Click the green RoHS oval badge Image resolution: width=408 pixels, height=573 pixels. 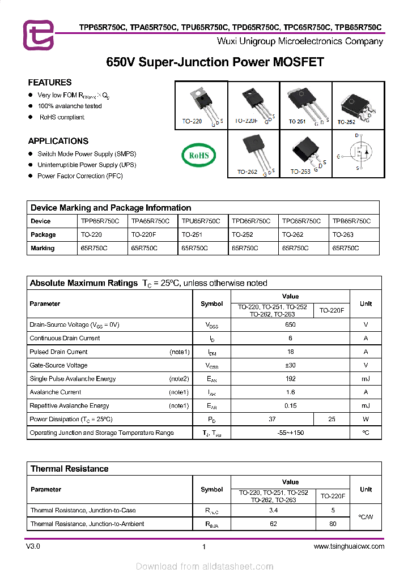point(198,155)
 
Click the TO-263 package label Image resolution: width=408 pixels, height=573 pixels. point(300,172)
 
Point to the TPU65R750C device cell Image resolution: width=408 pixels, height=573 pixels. point(201,221)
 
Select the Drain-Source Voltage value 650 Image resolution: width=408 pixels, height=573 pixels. point(290,325)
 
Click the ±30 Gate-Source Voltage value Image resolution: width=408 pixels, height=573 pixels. point(290,365)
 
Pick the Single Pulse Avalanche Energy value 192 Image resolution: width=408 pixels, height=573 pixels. point(290,379)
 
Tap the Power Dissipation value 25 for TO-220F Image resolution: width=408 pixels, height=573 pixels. point(331,419)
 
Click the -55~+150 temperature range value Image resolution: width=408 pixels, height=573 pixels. point(290,433)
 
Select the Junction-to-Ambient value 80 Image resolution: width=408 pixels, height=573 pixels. point(333,524)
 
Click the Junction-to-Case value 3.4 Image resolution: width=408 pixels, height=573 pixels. point(273,510)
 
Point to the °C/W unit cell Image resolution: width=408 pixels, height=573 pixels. point(365,517)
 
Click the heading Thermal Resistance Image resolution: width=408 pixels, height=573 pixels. point(69,469)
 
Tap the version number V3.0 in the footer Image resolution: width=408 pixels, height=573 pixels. point(33,546)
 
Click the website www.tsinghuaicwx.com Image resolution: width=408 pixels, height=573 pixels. point(348,546)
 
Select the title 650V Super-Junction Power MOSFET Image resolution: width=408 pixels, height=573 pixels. point(215,62)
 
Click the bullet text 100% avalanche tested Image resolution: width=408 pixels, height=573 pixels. point(70,106)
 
